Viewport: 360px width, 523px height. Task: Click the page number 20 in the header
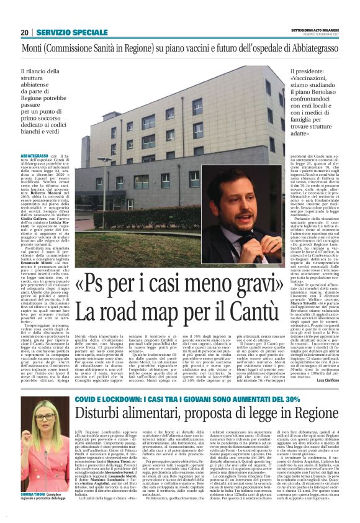[x=25, y=32]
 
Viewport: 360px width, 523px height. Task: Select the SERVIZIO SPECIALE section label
[x=72, y=32]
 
